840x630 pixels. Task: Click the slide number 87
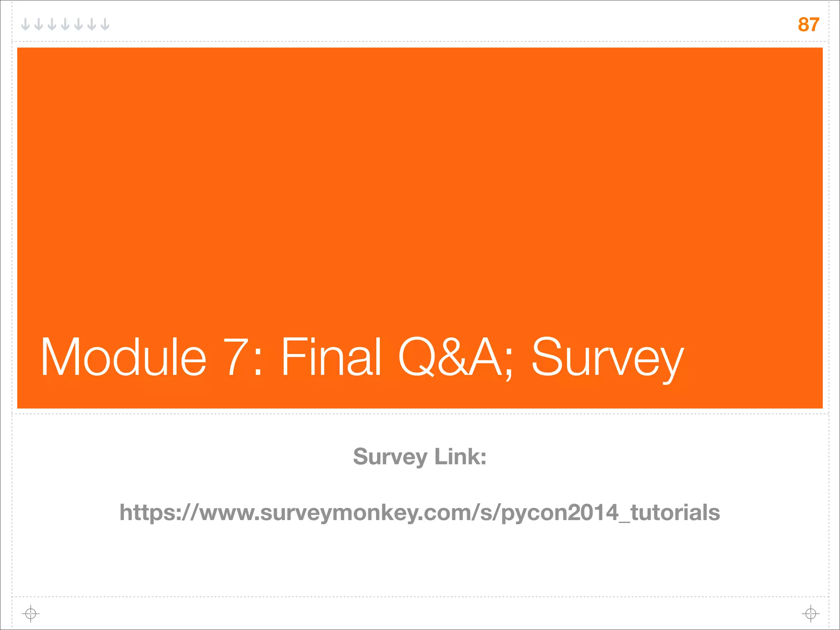(808, 25)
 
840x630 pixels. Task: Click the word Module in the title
(123, 357)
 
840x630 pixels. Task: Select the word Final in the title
(331, 357)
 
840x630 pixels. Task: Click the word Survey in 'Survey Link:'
(390, 457)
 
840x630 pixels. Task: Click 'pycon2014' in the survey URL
(560, 513)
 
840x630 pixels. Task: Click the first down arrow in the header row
(25, 25)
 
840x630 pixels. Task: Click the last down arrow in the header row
(105, 25)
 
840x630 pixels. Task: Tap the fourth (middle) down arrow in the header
(65, 25)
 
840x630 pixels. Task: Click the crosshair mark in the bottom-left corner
(30, 614)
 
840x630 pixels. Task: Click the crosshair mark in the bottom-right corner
(810, 614)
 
